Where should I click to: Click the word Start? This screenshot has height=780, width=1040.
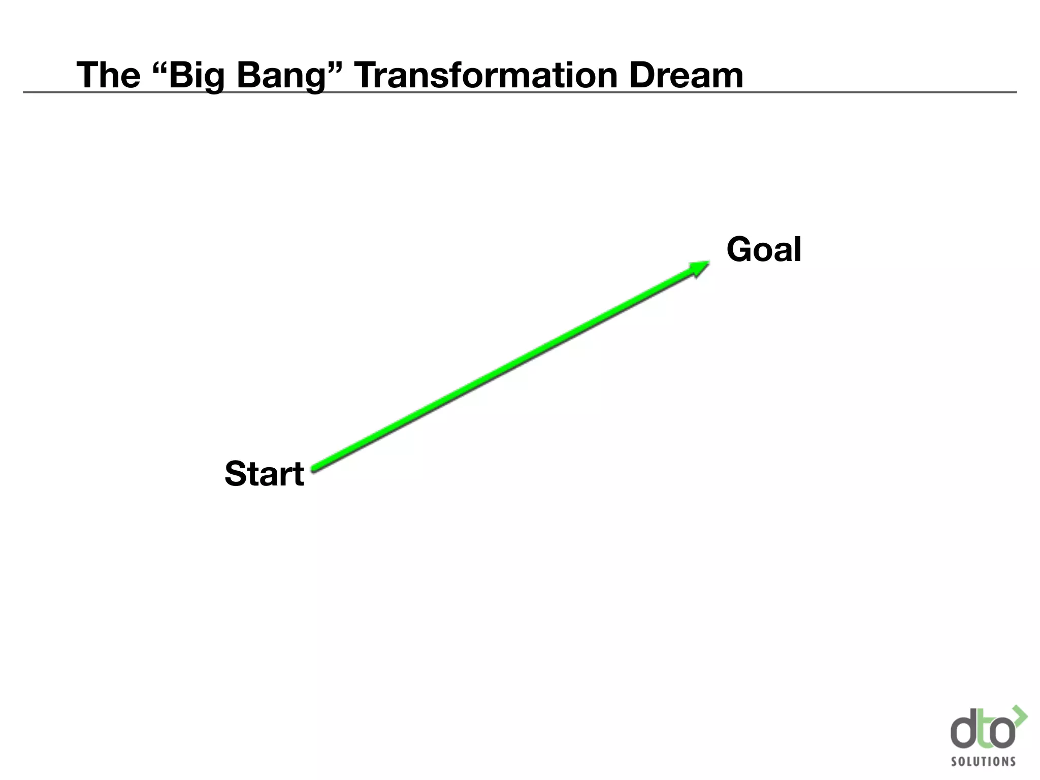click(x=264, y=474)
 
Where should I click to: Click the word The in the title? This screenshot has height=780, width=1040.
click(x=108, y=75)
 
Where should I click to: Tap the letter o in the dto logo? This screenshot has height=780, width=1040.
click(x=1003, y=733)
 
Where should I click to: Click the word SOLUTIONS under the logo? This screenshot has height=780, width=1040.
click(x=983, y=761)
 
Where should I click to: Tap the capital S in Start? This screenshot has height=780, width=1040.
click(x=237, y=474)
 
